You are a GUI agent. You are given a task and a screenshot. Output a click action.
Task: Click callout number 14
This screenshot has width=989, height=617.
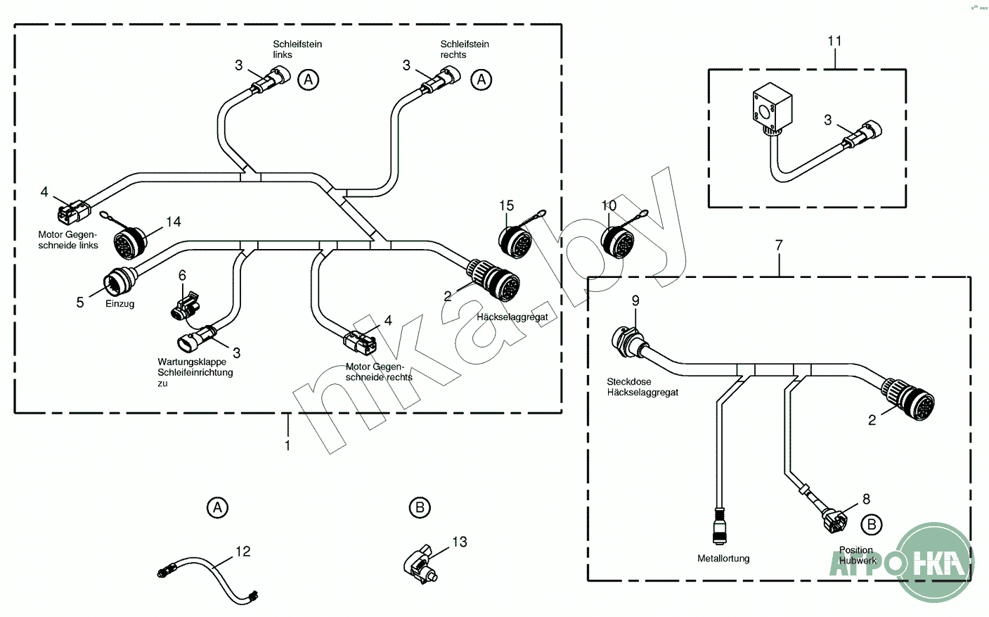point(173,222)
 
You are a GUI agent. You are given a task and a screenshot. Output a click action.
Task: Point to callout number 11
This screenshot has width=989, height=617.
point(834,41)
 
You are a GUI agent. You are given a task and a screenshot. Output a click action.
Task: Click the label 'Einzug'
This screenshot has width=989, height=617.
point(119,304)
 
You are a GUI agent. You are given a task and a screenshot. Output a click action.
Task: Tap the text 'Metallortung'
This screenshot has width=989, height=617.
point(723,559)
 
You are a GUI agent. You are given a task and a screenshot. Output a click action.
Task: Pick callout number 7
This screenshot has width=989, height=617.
point(778,246)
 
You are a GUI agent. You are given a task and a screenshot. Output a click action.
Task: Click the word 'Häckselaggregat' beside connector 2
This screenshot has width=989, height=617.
point(512,317)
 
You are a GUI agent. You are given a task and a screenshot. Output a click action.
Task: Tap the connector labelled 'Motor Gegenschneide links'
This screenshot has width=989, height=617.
point(75,210)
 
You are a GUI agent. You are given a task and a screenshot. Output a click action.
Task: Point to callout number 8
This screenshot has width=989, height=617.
point(866,499)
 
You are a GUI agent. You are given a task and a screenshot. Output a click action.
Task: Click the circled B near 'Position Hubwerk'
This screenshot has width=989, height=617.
point(871,524)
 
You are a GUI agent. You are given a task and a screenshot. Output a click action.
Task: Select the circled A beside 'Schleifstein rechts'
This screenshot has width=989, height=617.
point(481,79)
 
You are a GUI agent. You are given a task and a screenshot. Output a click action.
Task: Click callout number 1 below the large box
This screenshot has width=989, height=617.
point(287,445)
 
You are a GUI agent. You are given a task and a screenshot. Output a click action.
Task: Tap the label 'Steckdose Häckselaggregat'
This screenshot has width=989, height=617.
point(642,387)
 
